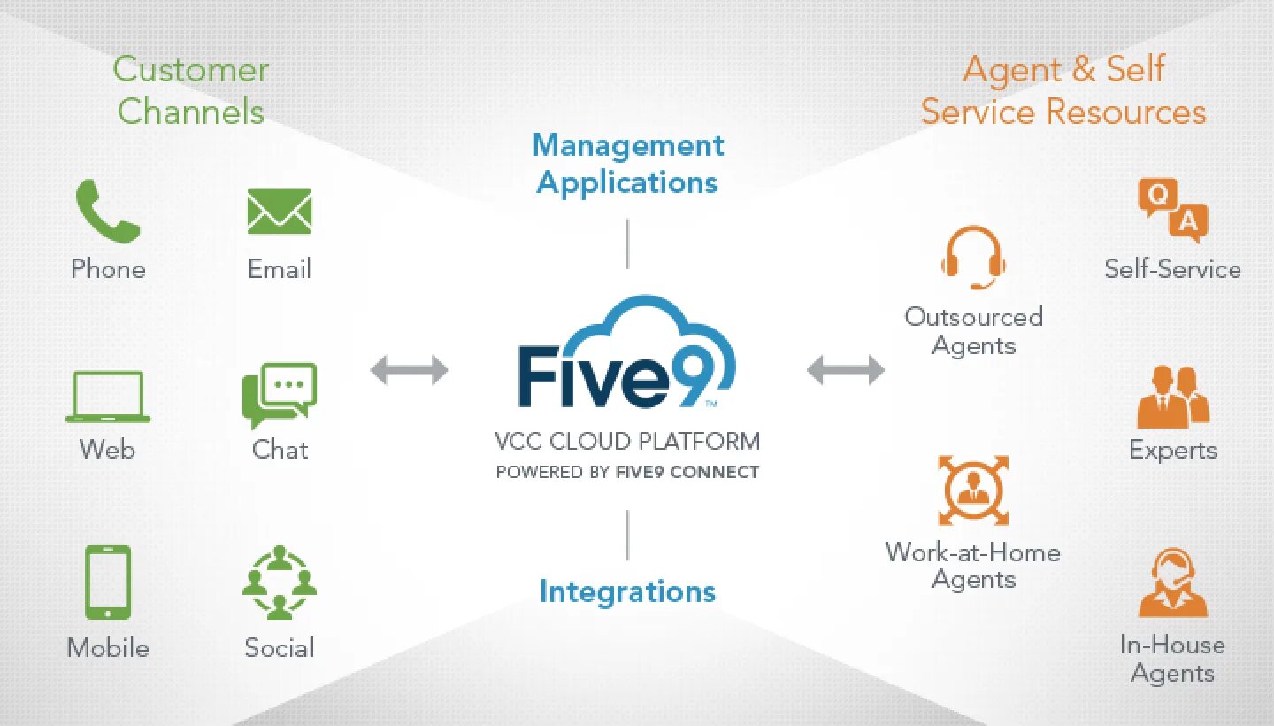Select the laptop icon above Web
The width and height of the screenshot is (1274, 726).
[x=108, y=397]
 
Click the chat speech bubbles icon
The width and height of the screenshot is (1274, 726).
[x=280, y=396]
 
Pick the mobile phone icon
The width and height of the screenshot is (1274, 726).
[x=108, y=582]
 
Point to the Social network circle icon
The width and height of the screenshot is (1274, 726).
[x=280, y=582]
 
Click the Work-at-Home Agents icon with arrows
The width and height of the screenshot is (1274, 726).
[x=973, y=490]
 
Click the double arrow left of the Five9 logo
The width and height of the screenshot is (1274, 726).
[x=409, y=369]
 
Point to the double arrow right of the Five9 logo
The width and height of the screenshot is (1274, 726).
[x=846, y=369]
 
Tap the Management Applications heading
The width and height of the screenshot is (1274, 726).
[x=627, y=164]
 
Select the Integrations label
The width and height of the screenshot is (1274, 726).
[x=627, y=591]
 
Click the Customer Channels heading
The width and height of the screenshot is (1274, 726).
[x=190, y=90]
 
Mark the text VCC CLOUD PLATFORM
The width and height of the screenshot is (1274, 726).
[x=627, y=441]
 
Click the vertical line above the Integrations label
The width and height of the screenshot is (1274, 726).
[x=627, y=535]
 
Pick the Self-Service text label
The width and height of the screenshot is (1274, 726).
[x=1173, y=269]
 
